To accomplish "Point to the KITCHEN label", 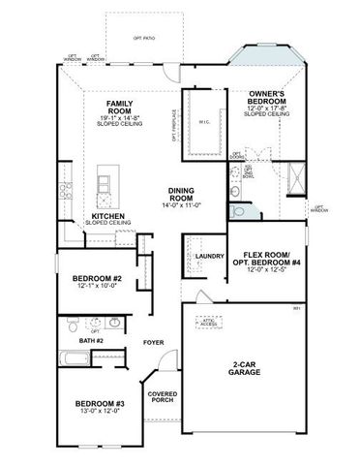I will point(107,216).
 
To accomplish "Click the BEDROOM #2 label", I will point(102,279).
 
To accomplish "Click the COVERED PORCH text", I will point(163,398).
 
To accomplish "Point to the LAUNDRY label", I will point(209,257).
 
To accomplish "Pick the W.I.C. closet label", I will point(204,120).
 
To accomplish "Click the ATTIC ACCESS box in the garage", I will point(206,323).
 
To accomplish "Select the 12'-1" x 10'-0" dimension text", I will point(102,288).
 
